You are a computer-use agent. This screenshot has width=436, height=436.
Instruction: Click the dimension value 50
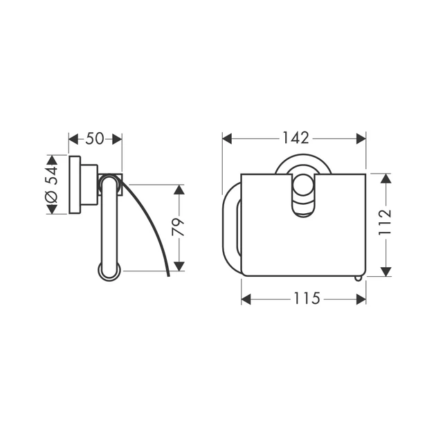pos(95,138)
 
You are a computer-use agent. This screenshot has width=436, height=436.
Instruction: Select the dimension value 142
pos(296,138)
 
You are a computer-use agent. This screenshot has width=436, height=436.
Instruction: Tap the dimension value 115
pos(307,299)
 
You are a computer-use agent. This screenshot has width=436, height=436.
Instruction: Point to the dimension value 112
pos(385,222)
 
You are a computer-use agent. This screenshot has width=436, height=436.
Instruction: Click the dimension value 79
pos(179,227)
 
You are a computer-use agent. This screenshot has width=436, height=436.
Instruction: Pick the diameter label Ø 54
pos(51,184)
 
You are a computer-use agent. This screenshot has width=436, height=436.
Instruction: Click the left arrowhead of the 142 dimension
pos(227,138)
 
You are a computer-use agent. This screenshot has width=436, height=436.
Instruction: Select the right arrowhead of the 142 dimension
pos(361,138)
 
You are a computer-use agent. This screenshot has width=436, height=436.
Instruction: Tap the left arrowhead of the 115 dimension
pos(246,299)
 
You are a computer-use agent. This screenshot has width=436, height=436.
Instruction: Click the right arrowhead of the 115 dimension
pos(361,299)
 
